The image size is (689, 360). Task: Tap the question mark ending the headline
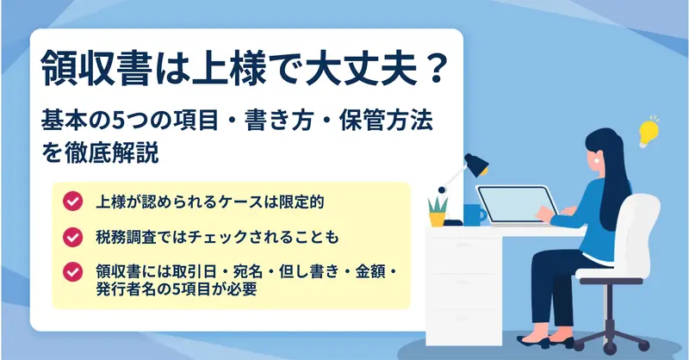(432, 69)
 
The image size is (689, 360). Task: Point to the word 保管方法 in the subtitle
(386, 121)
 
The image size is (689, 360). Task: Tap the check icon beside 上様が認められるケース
(72, 202)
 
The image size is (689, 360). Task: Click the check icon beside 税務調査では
(72, 238)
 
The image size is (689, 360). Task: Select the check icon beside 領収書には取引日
(72, 272)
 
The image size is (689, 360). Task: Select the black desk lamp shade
(477, 164)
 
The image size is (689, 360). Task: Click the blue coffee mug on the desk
(474, 215)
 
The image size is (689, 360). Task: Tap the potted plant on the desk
(438, 212)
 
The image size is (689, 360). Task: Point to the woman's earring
(596, 161)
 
